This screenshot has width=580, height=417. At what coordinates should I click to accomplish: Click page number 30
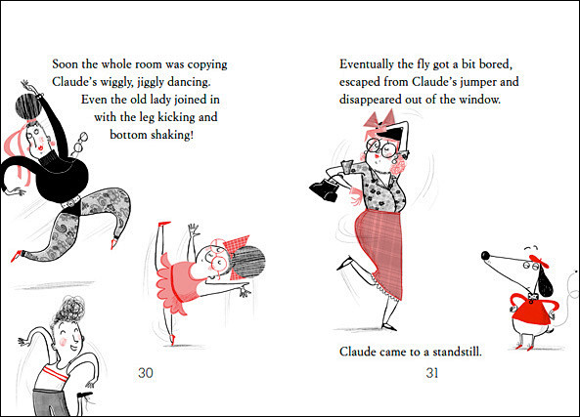[146, 373]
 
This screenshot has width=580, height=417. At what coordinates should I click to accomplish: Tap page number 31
[432, 373]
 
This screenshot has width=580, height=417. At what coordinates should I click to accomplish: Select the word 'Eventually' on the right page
[366, 64]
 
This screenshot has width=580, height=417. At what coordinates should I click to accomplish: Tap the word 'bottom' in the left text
[128, 135]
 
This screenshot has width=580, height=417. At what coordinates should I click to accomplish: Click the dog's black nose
[486, 255]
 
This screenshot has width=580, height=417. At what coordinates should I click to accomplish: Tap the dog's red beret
[539, 261]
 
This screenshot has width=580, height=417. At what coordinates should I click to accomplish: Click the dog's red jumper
[531, 310]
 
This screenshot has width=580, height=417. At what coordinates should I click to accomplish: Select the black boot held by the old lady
[324, 189]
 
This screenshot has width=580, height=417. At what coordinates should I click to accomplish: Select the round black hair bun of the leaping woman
[28, 106]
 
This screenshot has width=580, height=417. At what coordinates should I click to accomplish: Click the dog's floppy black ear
[545, 281]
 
